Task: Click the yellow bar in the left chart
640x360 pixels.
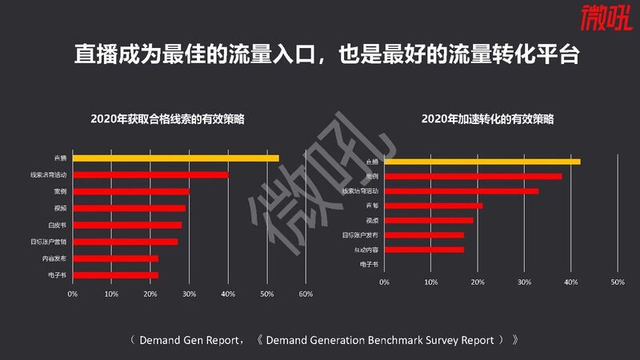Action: coord(176,158)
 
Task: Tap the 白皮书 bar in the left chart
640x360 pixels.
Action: coord(127,225)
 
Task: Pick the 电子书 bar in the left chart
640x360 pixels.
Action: coord(115,275)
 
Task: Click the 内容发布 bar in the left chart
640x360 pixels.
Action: coord(115,258)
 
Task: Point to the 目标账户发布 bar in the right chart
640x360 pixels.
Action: coord(424,234)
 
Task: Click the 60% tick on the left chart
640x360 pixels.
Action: coord(305,294)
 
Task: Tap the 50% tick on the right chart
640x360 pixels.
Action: coord(617,282)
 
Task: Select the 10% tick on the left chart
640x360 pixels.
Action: coord(111,294)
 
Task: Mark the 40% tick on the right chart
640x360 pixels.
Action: coord(570,282)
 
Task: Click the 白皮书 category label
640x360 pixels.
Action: coord(57,225)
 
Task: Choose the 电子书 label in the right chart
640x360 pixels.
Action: coord(369,264)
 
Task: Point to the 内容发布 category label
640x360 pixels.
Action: coord(54,258)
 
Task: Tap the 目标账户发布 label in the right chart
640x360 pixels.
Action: coord(360,234)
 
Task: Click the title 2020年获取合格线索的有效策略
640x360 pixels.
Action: coord(167,119)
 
